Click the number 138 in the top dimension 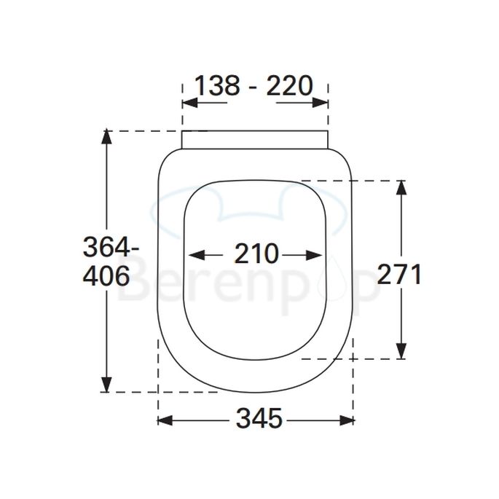[x=216, y=86]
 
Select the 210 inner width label [x=256, y=254]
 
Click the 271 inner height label [x=399, y=275]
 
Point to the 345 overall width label [x=259, y=419]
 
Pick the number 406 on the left [x=106, y=276]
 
